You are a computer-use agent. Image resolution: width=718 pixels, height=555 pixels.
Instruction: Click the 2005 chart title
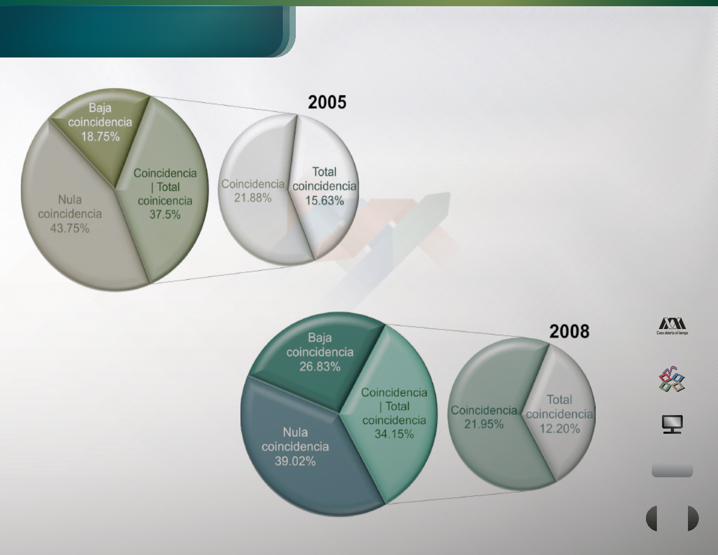327,102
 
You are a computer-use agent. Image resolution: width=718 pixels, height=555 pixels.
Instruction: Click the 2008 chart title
569,332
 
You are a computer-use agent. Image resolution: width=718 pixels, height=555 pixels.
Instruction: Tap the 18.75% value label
100,136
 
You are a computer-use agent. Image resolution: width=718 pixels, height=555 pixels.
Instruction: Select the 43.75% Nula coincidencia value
70,228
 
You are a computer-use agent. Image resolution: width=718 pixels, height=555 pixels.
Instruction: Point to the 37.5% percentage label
165,215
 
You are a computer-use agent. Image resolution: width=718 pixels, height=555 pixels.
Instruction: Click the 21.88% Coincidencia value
253,197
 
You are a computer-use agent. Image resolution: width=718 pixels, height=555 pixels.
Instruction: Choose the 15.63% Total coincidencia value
324,201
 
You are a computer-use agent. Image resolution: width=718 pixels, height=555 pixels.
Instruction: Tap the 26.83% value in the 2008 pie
320,366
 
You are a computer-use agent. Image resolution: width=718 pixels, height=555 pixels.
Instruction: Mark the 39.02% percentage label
295,461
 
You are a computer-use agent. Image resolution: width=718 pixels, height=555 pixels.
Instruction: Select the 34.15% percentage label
394,434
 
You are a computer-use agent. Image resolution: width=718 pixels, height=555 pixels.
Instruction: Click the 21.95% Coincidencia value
484,424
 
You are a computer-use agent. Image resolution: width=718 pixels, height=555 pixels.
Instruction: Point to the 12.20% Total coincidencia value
559,429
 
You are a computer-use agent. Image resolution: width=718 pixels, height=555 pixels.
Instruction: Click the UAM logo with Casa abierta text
672,326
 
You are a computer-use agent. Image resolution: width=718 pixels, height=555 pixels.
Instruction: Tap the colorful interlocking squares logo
672,379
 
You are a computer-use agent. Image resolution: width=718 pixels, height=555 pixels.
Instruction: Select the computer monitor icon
672,424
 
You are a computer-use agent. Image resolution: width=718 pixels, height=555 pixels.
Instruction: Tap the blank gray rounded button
672,471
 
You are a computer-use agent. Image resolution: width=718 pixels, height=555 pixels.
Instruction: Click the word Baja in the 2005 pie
100,108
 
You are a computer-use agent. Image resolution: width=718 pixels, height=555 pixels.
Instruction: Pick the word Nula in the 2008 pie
295,432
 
